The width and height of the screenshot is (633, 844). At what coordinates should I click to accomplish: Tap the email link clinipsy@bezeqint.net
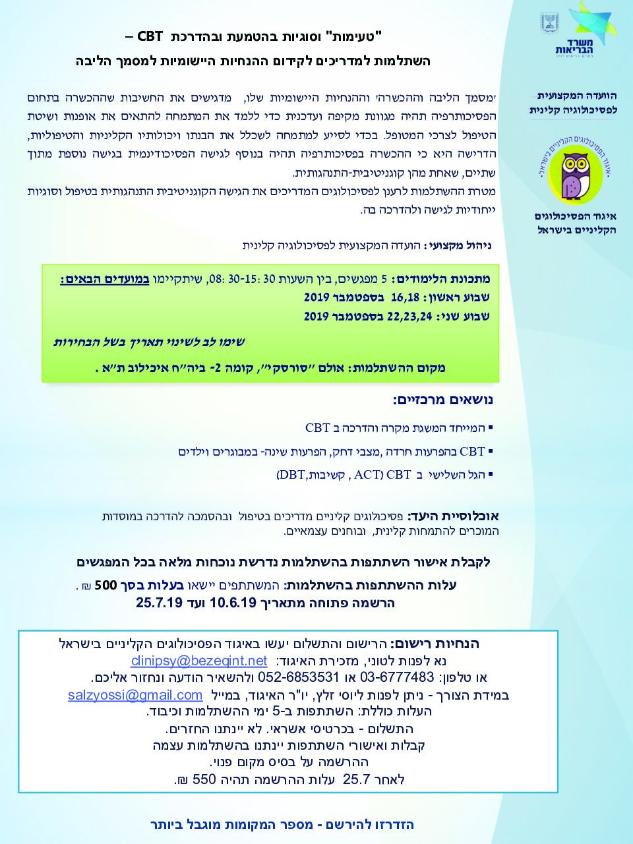point(199,661)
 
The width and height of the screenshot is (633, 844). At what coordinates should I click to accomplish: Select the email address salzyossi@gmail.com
point(135,695)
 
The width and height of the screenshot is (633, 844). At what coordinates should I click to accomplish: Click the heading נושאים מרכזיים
point(442,400)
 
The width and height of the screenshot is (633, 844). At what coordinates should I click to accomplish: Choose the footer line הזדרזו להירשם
point(282,824)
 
